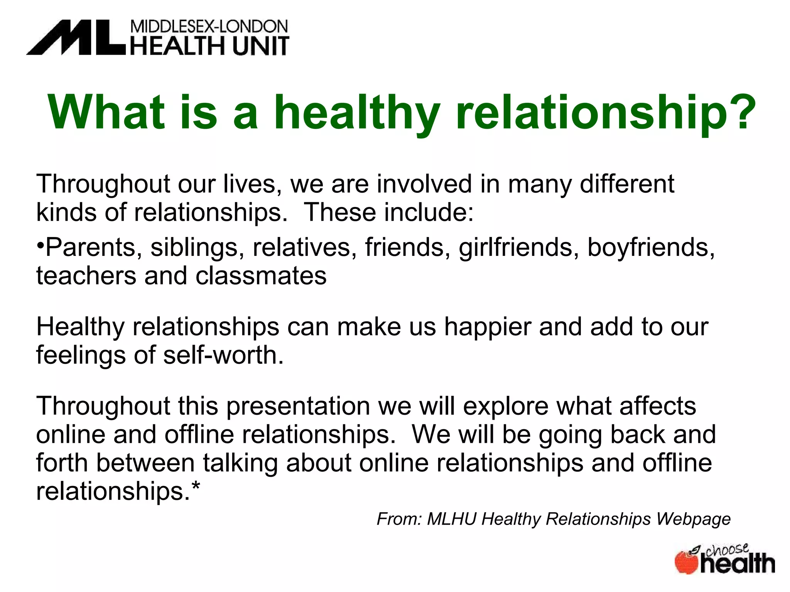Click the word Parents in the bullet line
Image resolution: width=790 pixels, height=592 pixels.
90,247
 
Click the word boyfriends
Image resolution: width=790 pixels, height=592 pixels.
650,247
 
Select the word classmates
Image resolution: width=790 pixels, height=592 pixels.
261,276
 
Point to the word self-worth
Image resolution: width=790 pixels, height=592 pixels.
223,355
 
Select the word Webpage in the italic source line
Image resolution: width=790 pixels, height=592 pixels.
693,519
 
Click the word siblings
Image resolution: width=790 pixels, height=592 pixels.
194,247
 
